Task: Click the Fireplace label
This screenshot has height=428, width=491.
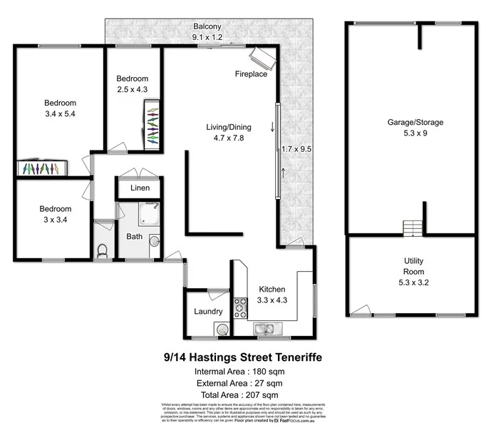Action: (251, 74)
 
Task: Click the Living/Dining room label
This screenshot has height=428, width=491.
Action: (224, 127)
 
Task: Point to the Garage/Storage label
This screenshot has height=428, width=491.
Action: (415, 122)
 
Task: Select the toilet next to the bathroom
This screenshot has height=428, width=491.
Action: (102, 250)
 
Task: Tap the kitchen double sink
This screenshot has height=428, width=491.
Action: (267, 329)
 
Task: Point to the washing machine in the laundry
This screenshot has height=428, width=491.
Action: (223, 329)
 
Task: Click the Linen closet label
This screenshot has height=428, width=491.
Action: (139, 188)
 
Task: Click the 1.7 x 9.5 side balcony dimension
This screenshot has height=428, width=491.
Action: (298, 149)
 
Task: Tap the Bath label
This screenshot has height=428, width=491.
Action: (134, 236)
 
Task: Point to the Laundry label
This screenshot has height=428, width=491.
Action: (208, 311)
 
